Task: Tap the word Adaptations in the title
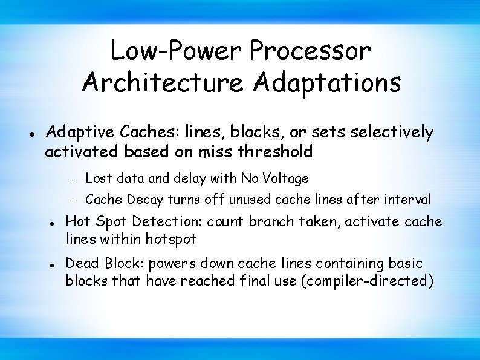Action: (x=327, y=82)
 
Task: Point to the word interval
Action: (x=409, y=198)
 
